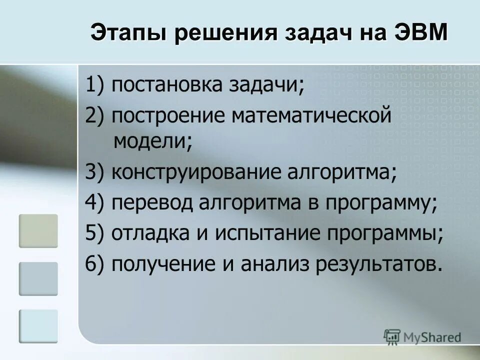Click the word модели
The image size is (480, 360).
(151, 142)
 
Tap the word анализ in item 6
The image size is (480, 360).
(269, 264)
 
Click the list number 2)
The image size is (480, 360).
(94, 115)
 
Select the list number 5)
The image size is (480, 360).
(94, 234)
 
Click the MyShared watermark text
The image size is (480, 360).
(433, 337)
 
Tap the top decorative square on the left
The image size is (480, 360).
(38, 230)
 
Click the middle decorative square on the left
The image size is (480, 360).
(38, 279)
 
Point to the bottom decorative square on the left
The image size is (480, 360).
(38, 326)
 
